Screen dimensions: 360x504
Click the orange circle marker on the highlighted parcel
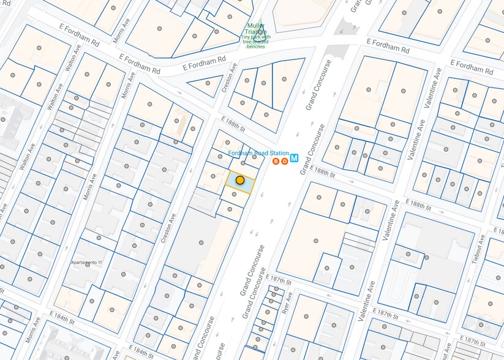tap(240, 180)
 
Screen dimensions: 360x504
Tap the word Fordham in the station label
tap(241, 153)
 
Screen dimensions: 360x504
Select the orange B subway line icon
tap(276, 162)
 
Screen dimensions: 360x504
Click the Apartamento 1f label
tap(85, 263)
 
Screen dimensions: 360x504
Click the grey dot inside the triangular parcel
tap(208, 83)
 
